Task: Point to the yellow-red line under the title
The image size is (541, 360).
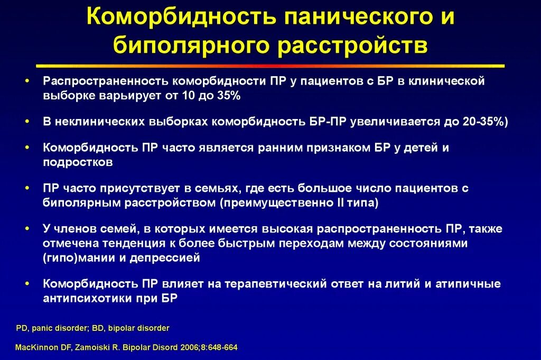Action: point(270,66)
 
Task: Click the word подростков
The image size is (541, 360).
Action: point(78,162)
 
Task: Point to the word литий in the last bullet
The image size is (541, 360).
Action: point(402,284)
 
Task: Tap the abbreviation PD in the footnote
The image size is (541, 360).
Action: point(21,328)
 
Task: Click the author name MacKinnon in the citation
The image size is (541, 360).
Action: point(36,348)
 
